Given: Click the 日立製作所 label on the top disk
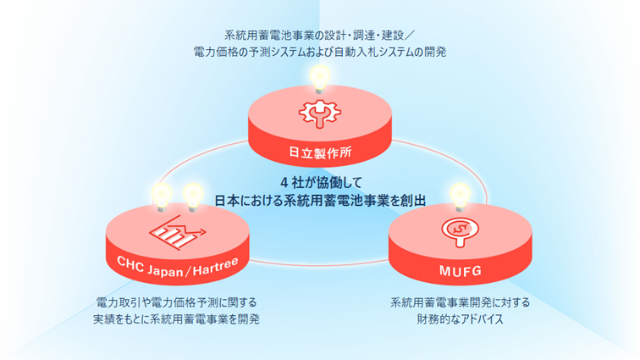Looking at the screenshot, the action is tap(318, 154).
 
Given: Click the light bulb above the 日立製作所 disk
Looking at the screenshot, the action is tap(319, 78).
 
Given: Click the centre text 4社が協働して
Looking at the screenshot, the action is tap(319, 182).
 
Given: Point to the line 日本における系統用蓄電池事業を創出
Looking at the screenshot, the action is tap(319, 200).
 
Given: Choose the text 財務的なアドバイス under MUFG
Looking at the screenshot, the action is tap(461, 319).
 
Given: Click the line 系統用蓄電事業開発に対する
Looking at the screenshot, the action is tap(461, 302).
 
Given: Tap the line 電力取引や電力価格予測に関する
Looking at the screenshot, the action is tap(177, 302).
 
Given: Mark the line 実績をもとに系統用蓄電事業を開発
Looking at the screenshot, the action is tap(177, 319).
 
